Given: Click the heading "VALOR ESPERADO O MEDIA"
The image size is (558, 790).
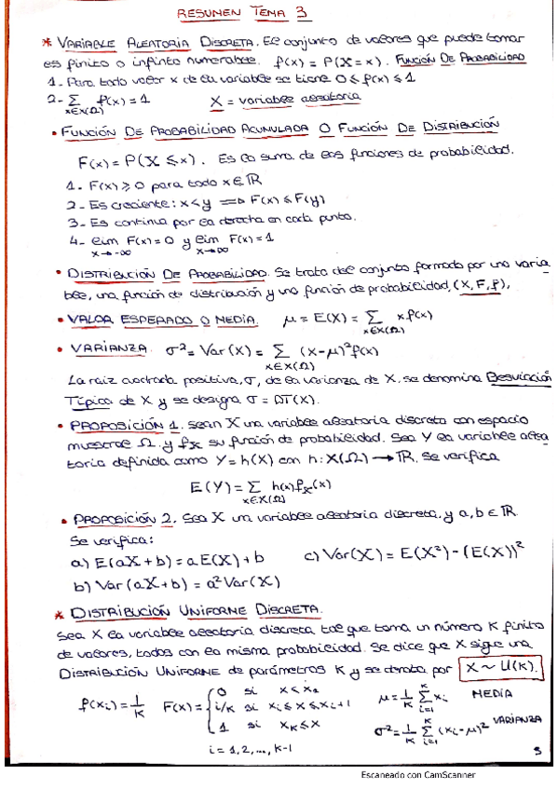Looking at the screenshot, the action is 161,319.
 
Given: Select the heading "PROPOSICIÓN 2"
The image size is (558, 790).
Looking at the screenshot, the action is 123,515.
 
